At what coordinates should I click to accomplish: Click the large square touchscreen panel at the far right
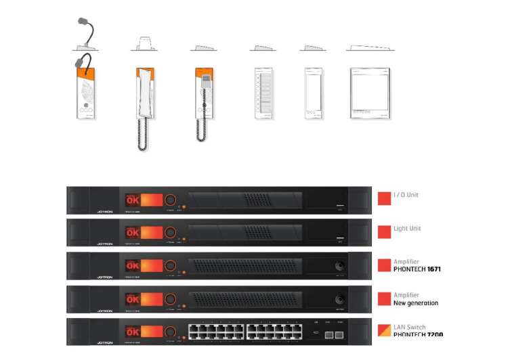[370, 93]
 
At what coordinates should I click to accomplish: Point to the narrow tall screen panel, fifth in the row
[313, 93]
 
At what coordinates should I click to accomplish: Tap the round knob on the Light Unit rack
[170, 233]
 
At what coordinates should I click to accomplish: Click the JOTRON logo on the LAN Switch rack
[104, 344]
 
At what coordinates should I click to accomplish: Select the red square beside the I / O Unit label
[384, 198]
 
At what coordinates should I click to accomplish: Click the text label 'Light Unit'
[407, 229]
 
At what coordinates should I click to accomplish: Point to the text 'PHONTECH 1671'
[417, 269]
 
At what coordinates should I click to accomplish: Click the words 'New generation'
[416, 302]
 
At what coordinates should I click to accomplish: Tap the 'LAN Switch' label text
[410, 328]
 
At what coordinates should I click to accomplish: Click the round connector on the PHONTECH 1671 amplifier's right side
[339, 266]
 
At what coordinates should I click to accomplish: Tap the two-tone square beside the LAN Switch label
[384, 332]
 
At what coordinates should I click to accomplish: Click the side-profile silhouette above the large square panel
[370, 48]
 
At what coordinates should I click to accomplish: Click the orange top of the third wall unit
[201, 72]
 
